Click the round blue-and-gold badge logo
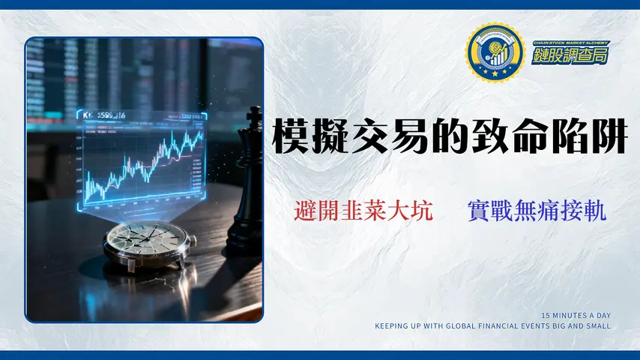coord(494,52)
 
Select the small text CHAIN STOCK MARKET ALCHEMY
coord(560,43)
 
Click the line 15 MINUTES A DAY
coord(576,316)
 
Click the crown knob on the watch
coord(192,241)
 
